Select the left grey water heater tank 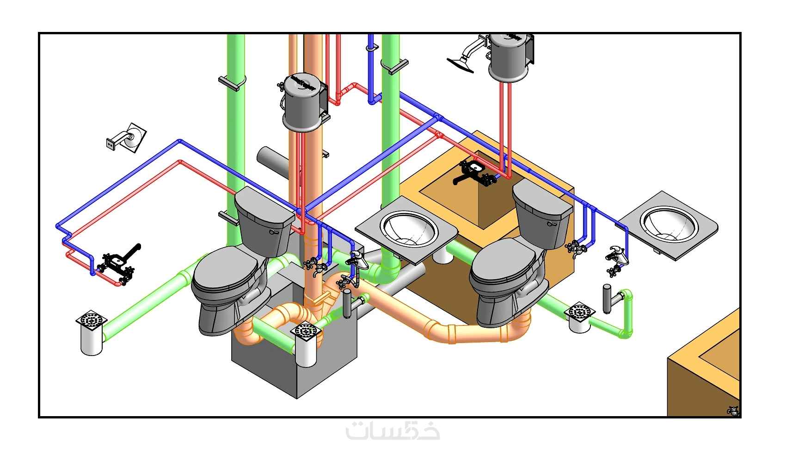coord(303,103)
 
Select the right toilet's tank coord(541,213)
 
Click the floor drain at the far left coord(92,320)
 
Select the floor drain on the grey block coord(306,331)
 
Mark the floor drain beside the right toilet coord(580,312)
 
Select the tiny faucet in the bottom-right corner coord(733,411)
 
